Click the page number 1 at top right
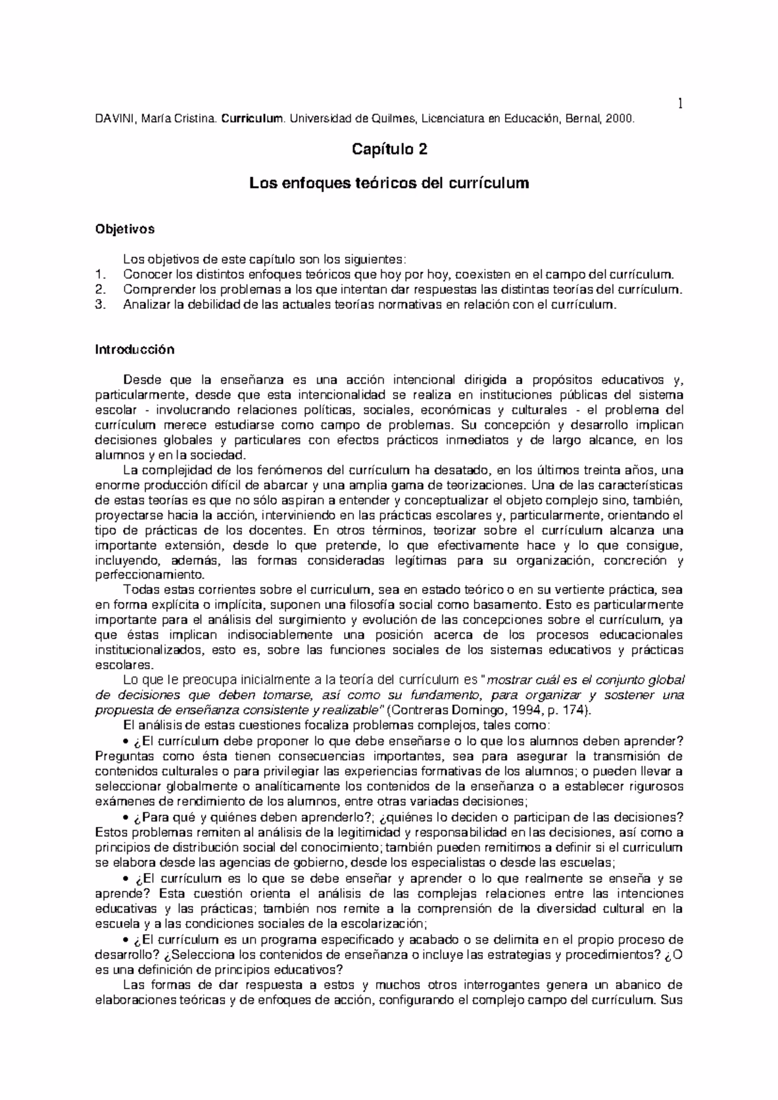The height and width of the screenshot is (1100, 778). (x=681, y=103)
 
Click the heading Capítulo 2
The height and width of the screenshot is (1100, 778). (x=389, y=150)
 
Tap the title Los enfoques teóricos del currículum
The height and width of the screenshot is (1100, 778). (x=389, y=184)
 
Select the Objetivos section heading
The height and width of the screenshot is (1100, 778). (x=125, y=229)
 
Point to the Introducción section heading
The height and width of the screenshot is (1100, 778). (x=135, y=350)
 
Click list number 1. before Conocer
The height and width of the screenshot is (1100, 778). (x=100, y=274)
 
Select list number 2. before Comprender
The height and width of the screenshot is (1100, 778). (x=100, y=289)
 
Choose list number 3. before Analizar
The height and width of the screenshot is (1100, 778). (x=100, y=305)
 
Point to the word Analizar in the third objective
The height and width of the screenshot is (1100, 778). (x=145, y=305)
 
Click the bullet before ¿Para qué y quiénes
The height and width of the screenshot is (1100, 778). (x=126, y=817)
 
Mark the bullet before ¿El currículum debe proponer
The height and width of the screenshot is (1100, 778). (x=126, y=741)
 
